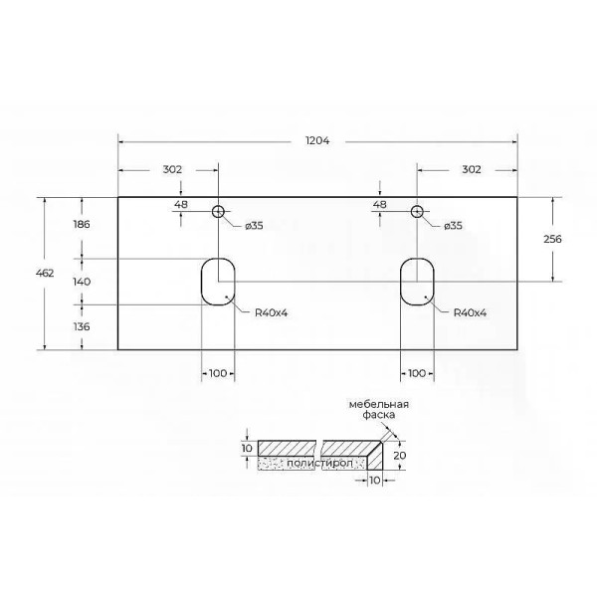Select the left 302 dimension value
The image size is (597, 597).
(x=172, y=169)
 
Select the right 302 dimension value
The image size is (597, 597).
(x=471, y=169)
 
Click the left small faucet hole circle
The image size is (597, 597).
(x=218, y=211)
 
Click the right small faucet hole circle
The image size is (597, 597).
(x=417, y=211)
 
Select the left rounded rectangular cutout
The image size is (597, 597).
(x=217, y=282)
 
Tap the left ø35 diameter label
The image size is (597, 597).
(x=255, y=226)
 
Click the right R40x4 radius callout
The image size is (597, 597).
(x=470, y=312)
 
